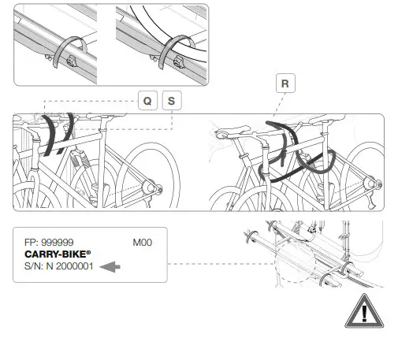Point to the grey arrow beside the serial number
pos(112,268)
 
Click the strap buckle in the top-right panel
pos(169,58)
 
